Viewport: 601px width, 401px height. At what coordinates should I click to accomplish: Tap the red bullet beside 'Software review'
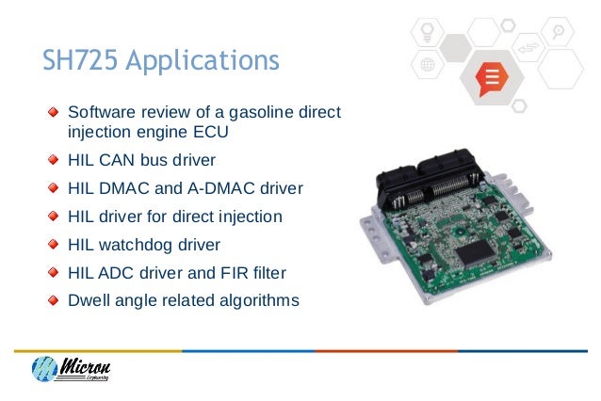[58, 115]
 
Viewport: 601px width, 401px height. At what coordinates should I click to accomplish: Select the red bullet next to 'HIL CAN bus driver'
[58, 160]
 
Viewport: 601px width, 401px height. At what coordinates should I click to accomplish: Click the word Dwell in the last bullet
[89, 301]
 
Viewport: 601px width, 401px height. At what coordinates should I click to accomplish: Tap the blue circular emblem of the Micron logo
[45, 371]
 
